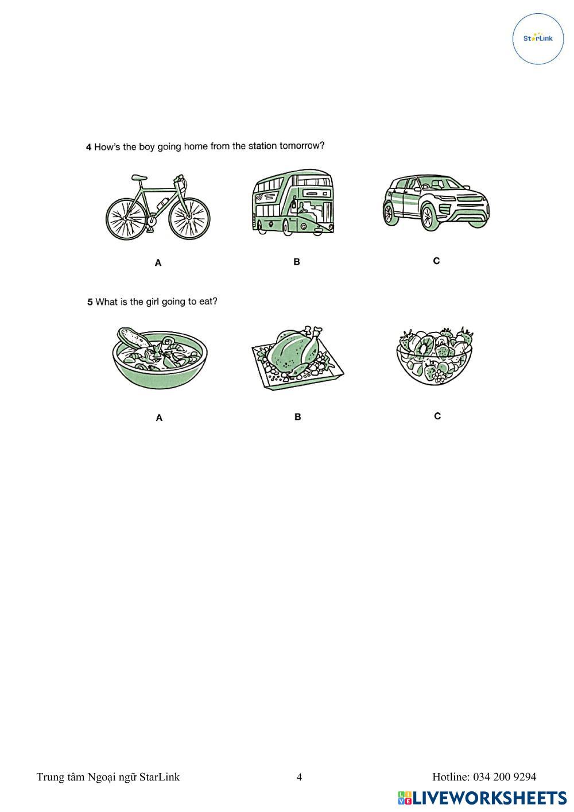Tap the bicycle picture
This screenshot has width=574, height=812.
tap(158, 207)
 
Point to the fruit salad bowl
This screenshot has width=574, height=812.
tap(435, 356)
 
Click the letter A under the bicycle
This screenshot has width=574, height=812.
tap(158, 263)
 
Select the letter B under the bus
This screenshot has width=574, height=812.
tap(297, 262)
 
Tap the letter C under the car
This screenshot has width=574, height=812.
tap(436, 261)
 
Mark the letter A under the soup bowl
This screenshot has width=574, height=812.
tap(159, 418)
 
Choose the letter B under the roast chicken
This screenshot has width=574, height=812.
tap(298, 417)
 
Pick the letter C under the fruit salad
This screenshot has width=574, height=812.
tap(437, 416)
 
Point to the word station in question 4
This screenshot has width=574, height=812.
tap(262, 146)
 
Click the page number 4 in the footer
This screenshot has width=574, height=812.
tap(299, 777)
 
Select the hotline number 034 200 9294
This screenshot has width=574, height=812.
tap(505, 776)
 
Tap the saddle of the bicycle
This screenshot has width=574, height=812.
tap(139, 177)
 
